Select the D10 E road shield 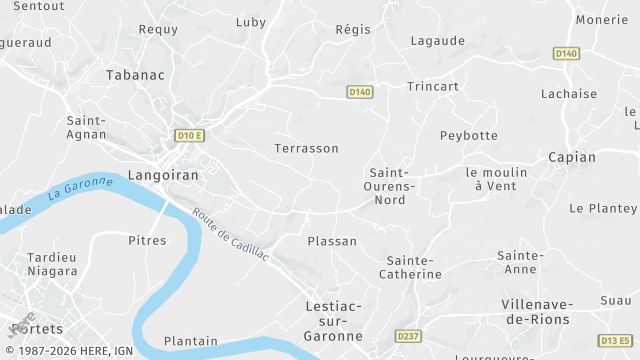tap(189, 135)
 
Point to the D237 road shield tap(407, 335)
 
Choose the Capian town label tap(572, 157)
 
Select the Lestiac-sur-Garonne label tap(333, 320)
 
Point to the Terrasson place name tap(306, 148)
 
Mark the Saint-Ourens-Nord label tap(390, 186)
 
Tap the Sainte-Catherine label tap(414, 267)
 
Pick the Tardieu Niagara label tap(52, 264)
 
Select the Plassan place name tap(332, 241)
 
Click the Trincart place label tap(433, 86)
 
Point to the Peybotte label tap(468, 135)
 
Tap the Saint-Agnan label tap(87, 128)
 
